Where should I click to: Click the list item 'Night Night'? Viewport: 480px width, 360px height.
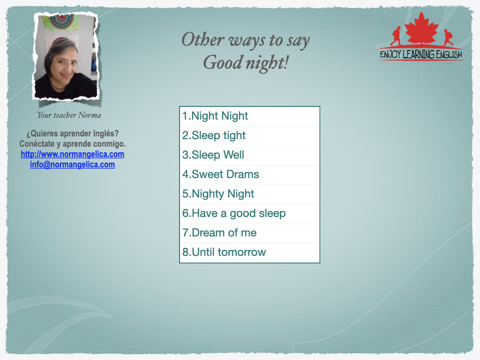coord(215,116)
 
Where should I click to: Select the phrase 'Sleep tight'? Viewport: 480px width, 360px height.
coord(214,135)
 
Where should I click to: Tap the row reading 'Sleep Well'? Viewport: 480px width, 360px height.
coord(213,155)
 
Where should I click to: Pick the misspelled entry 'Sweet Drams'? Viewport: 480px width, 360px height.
coord(220,174)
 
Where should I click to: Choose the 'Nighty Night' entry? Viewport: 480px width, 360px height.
coord(218,194)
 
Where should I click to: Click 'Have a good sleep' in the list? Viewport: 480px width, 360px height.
coord(234,213)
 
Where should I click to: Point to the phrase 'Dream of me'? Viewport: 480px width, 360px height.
coord(219,233)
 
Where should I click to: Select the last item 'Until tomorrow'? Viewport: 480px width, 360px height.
coord(224,252)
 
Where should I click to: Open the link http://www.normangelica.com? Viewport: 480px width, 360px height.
coord(73,154)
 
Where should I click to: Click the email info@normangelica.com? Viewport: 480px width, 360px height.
coord(73,165)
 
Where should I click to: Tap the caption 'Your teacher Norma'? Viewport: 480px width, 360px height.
coord(69,115)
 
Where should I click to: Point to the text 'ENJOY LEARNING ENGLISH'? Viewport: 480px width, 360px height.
coord(421,54)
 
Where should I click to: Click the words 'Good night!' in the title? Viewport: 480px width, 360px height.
coord(246,63)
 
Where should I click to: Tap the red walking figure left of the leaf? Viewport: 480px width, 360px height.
coord(396,36)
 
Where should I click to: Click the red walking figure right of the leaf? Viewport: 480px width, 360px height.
coord(448,37)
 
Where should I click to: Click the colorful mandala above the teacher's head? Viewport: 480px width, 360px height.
coord(60,22)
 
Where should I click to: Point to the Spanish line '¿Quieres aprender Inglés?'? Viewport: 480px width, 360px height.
coord(72,134)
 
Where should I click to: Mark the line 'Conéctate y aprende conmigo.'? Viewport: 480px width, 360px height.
coord(73,144)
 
